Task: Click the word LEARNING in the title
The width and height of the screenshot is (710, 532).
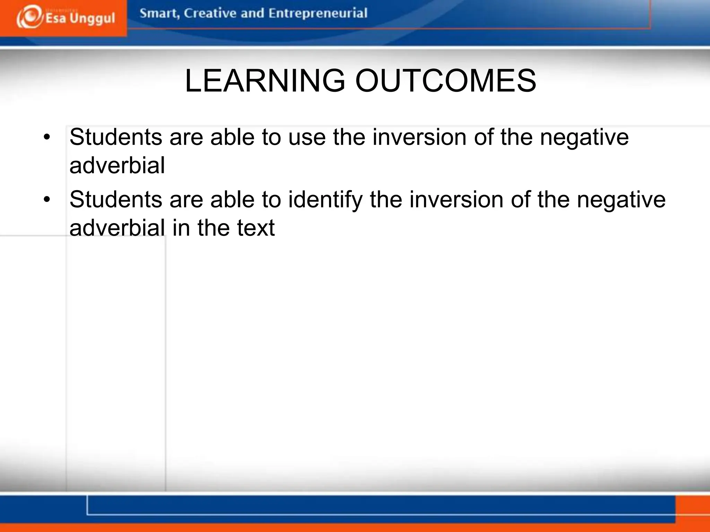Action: (x=265, y=81)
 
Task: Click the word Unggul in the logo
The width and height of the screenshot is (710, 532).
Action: (x=92, y=18)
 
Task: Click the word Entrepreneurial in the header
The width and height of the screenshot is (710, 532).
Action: (x=318, y=14)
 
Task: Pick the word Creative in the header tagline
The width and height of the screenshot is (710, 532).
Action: (x=210, y=13)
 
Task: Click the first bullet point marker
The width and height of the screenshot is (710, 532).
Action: (x=47, y=137)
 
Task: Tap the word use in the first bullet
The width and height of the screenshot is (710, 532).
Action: (x=307, y=137)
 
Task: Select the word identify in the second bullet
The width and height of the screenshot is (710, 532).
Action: (x=325, y=200)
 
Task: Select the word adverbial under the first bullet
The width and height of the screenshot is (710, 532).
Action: (x=117, y=166)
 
